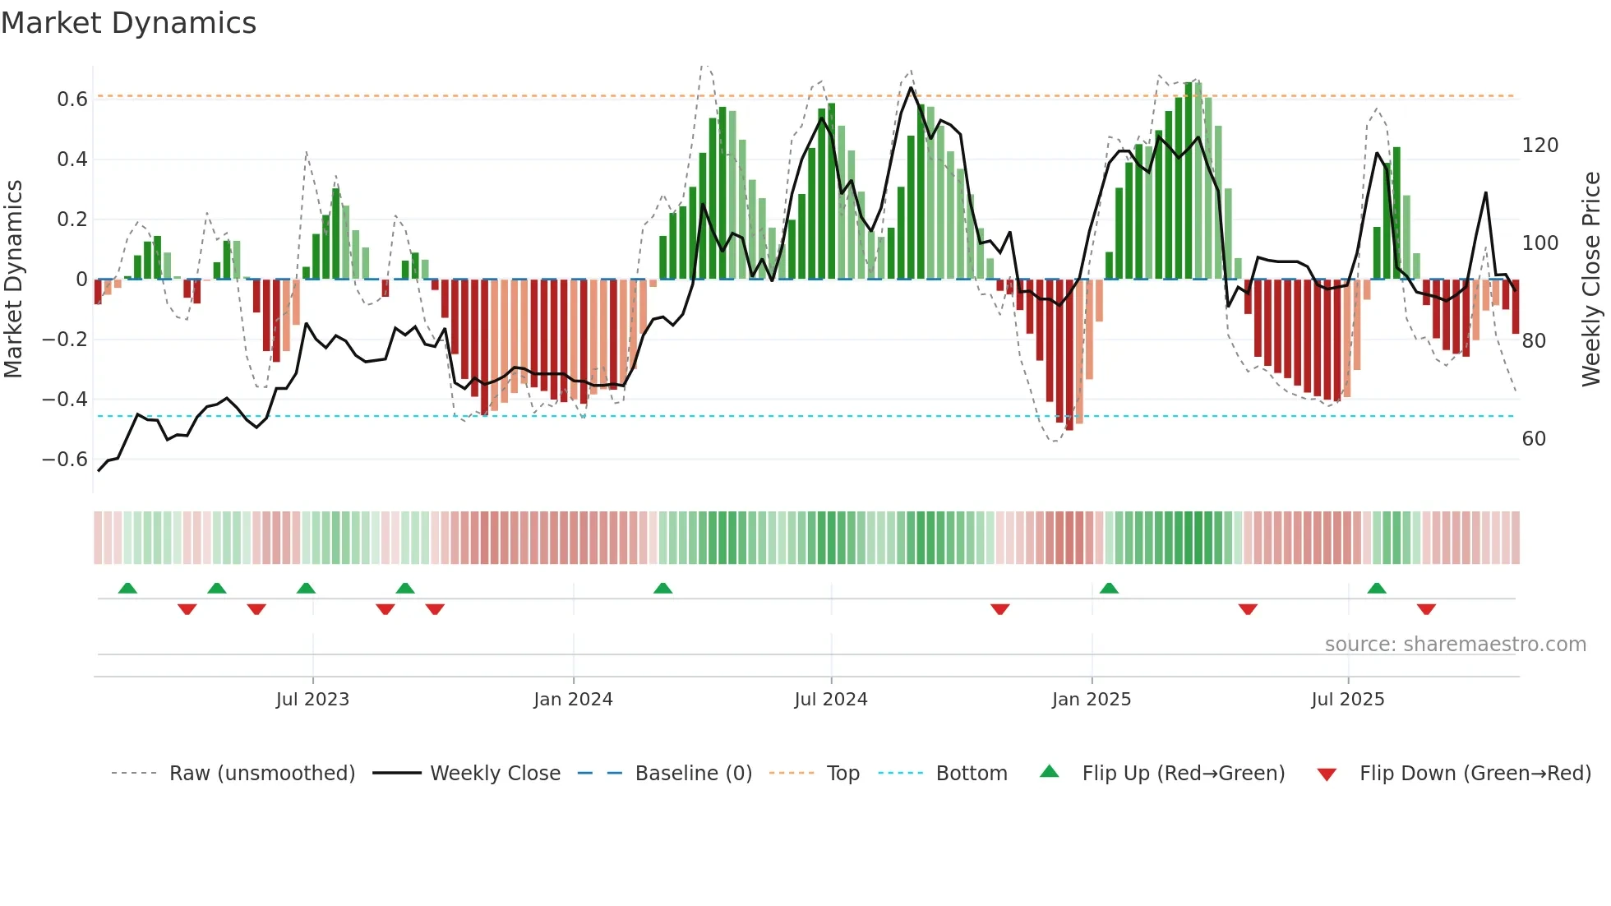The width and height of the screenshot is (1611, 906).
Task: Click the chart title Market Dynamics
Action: [x=128, y=23]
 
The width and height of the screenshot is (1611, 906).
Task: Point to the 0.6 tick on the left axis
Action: [x=72, y=99]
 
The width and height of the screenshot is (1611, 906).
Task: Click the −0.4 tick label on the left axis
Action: [x=65, y=400]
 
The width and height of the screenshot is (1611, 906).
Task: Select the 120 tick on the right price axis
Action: [x=1539, y=146]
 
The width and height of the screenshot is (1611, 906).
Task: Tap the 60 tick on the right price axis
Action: [x=1534, y=439]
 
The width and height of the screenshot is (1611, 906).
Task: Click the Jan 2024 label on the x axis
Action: [x=573, y=700]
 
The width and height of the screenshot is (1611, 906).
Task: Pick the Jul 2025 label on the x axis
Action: [x=1347, y=700]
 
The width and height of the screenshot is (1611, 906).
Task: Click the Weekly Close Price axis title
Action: [x=1591, y=280]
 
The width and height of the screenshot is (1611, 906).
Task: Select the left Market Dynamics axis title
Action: [x=13, y=280]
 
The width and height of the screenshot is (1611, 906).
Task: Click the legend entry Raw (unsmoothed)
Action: [x=261, y=774]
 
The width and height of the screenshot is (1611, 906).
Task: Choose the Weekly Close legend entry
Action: [x=495, y=774]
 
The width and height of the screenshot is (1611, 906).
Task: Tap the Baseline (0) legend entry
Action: [x=693, y=774]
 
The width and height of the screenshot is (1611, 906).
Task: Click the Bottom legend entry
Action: [x=971, y=774]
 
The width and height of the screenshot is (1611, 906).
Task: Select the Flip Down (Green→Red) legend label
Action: [x=1475, y=774]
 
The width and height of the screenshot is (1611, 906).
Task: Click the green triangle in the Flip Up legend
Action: [x=1050, y=772]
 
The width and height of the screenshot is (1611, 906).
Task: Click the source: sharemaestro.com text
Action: [x=1455, y=645]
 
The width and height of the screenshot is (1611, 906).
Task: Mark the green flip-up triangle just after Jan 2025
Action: [x=1109, y=588]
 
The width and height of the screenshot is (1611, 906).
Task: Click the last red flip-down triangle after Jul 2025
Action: [x=1426, y=609]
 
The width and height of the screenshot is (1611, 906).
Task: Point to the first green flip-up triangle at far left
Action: [x=127, y=588]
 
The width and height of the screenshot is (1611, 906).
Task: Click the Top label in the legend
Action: [x=842, y=774]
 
